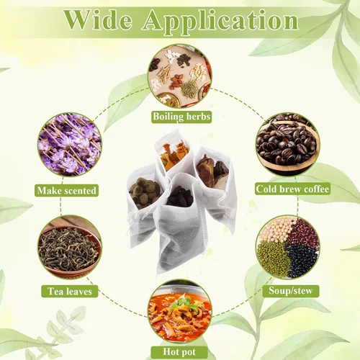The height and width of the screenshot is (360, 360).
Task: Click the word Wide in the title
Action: pos(98,20)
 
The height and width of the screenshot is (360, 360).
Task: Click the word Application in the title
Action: pos(220,23)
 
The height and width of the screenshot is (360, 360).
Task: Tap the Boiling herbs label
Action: pos(181,117)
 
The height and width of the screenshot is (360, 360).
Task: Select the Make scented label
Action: pos(66,190)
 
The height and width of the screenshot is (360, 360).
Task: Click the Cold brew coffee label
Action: pos(292,189)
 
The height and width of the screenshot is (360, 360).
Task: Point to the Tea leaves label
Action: pos(70,291)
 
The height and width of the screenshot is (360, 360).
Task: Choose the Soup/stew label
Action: pos(291,291)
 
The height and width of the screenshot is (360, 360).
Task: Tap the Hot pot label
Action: pos(179,352)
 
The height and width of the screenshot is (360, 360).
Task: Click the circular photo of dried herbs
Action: pos(179,76)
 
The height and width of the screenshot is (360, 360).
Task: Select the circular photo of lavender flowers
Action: pos(70,145)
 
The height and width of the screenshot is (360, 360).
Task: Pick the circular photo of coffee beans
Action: pos(288,145)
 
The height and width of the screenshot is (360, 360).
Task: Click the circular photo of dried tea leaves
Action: pos(70,247)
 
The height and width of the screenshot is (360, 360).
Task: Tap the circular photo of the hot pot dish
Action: pos(179,311)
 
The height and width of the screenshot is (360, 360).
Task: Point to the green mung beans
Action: pos(272,258)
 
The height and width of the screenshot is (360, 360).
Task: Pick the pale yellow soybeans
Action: pos(276,230)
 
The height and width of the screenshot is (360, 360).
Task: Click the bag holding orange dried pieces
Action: pos(174,153)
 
